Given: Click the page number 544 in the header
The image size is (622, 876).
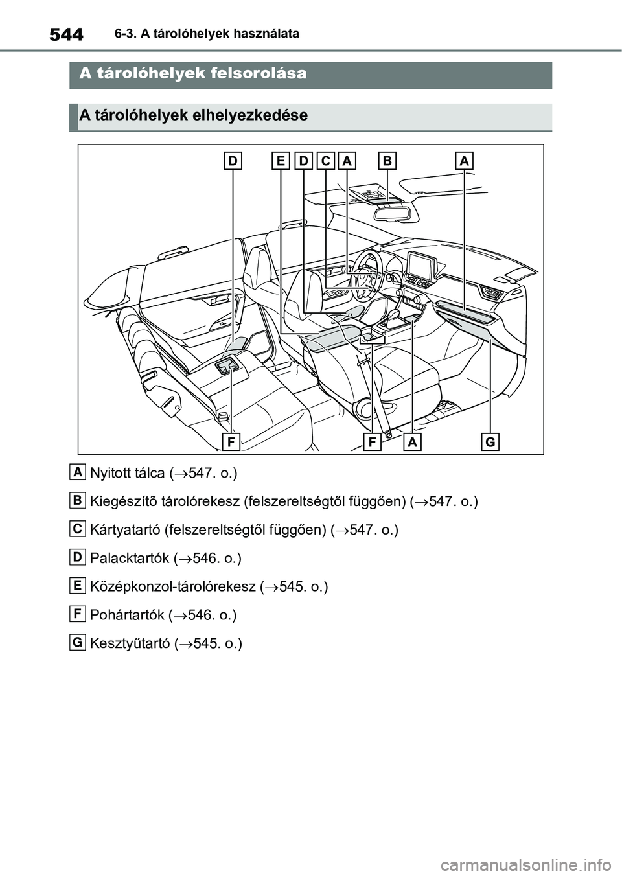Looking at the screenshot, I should pyautogui.click(x=65, y=33).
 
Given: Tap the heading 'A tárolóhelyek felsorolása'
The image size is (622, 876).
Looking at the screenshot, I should pyautogui.click(x=193, y=74).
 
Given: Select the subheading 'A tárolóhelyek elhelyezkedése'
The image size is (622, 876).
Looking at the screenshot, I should pyautogui.click(x=193, y=115).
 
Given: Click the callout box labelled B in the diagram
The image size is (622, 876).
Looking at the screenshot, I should pyautogui.click(x=387, y=160).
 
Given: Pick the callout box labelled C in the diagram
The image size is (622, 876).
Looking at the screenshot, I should pyautogui.click(x=326, y=160).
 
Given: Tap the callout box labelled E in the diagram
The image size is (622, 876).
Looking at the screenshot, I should pyautogui.click(x=281, y=160).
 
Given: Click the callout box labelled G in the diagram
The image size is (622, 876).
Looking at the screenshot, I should pyautogui.click(x=490, y=442).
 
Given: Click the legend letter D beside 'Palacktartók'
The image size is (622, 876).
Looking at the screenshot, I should pyautogui.click(x=77, y=557).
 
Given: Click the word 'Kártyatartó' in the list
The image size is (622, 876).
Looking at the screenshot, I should pyautogui.click(x=124, y=530).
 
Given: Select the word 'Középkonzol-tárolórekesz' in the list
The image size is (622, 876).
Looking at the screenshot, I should pyautogui.click(x=172, y=587).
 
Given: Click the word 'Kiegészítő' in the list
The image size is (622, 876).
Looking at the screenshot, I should pyautogui.click(x=121, y=501).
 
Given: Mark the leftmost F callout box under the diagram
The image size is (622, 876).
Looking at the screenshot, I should pyautogui.click(x=230, y=442).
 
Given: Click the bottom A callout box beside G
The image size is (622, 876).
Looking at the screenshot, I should pyautogui.click(x=413, y=442).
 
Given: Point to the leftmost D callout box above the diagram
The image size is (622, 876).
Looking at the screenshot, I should pyautogui.click(x=233, y=160).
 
